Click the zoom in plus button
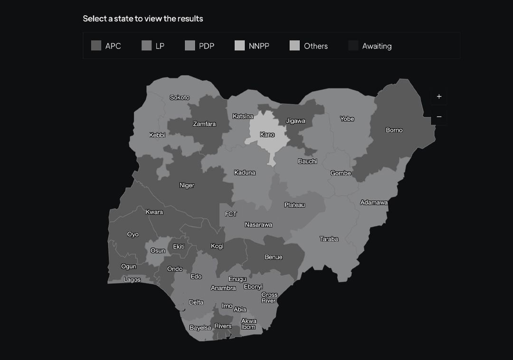tap(439, 96)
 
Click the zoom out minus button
tap(439, 117)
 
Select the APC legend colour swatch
tap(96, 46)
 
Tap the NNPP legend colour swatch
tap(240, 46)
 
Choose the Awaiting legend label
tap(377, 46)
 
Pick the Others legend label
tap(316, 46)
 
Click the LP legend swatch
tap(147, 46)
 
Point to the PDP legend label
tap(207, 46)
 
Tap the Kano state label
tap(267, 135)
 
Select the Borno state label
tap(394, 130)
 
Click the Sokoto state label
tap(180, 97)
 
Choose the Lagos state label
tap(132, 280)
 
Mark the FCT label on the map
tap(231, 214)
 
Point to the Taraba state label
tap(329, 239)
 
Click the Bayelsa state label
tap(200, 328)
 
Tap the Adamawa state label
tap(374, 202)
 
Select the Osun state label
tap(158, 251)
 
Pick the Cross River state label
tap(269, 298)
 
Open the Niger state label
tap(187, 185)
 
